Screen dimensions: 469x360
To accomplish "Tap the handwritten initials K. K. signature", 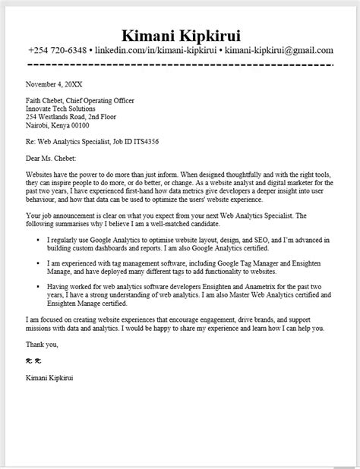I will click(33, 360).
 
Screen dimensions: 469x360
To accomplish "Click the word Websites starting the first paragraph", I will click(39, 174).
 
